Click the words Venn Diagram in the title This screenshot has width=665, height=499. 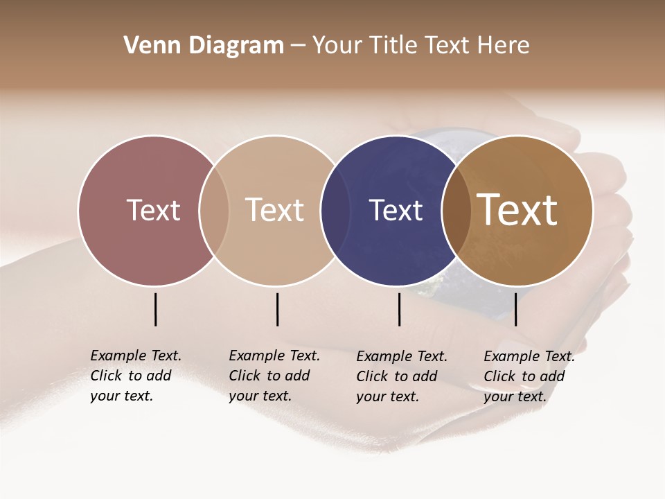pyautogui.click(x=204, y=46)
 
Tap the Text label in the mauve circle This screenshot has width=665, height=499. pyautogui.click(x=153, y=210)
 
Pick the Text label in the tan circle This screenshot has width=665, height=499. pyautogui.click(x=275, y=210)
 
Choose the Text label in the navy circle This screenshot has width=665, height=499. pyautogui.click(x=396, y=210)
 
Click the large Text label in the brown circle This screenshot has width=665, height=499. pyautogui.click(x=517, y=210)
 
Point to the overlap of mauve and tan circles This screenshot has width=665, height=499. pyautogui.click(x=214, y=211)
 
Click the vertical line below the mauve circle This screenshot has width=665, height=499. pyautogui.click(x=156, y=309)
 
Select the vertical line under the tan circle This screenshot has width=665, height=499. pyautogui.click(x=277, y=309)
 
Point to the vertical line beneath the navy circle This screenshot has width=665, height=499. pyautogui.click(x=399, y=309)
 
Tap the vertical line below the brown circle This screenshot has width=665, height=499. pyautogui.click(x=515, y=309)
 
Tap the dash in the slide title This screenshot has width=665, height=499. pyautogui.click(x=298, y=46)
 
